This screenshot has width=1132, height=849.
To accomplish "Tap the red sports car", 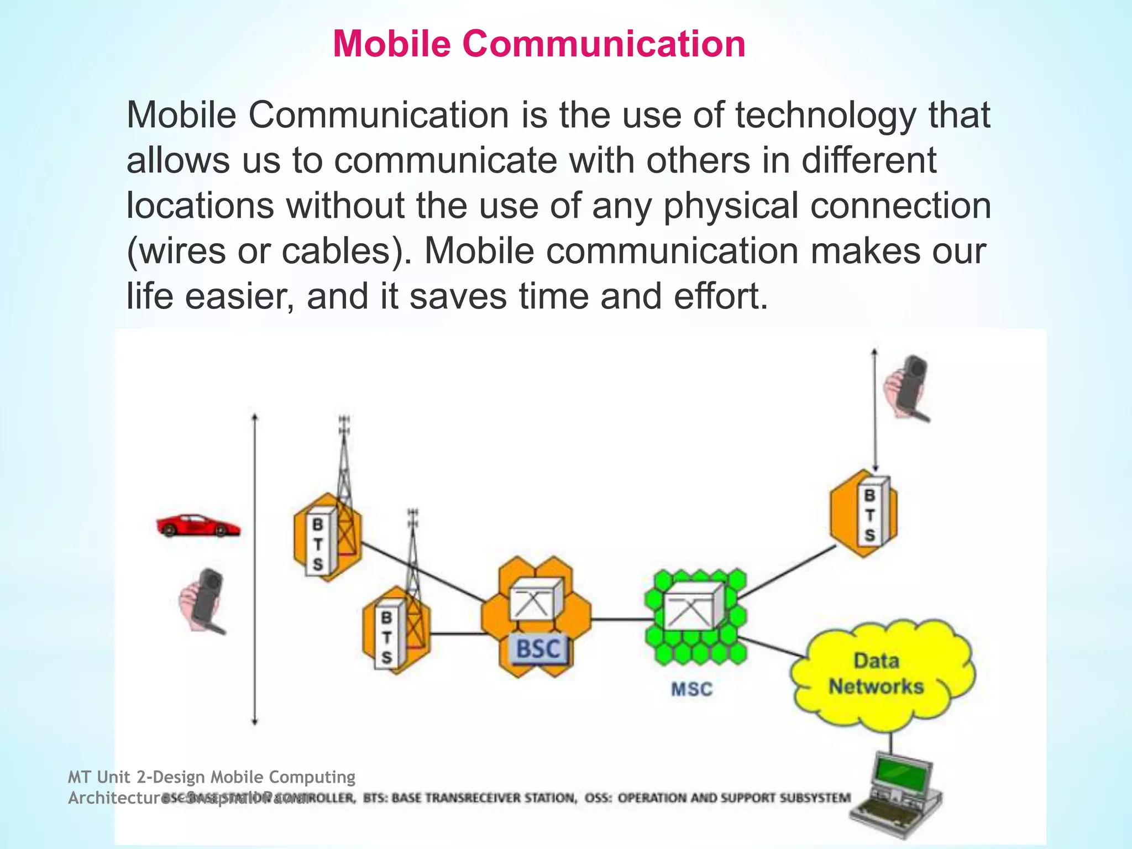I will [x=198, y=526].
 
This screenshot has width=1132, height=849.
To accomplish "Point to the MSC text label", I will [x=691, y=689].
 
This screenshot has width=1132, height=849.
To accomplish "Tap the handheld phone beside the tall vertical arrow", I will [x=203, y=601].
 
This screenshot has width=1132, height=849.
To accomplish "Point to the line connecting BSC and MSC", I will [x=618, y=619].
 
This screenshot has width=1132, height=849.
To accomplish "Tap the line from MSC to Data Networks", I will [x=771, y=647].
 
